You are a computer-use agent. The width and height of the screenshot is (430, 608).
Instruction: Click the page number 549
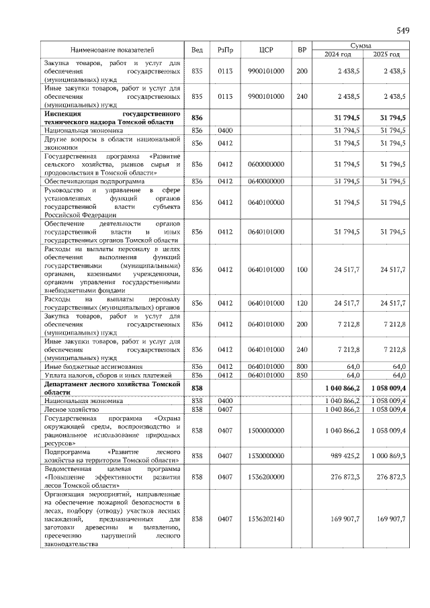(402, 30)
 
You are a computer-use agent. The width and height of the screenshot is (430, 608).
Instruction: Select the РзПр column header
(224, 50)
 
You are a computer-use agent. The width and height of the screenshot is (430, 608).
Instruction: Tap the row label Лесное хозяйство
(73, 408)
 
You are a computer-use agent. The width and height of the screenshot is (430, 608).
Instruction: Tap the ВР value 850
(302, 375)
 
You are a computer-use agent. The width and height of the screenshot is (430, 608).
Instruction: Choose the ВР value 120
(302, 303)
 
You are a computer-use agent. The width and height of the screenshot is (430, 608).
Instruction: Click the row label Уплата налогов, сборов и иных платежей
(109, 375)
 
